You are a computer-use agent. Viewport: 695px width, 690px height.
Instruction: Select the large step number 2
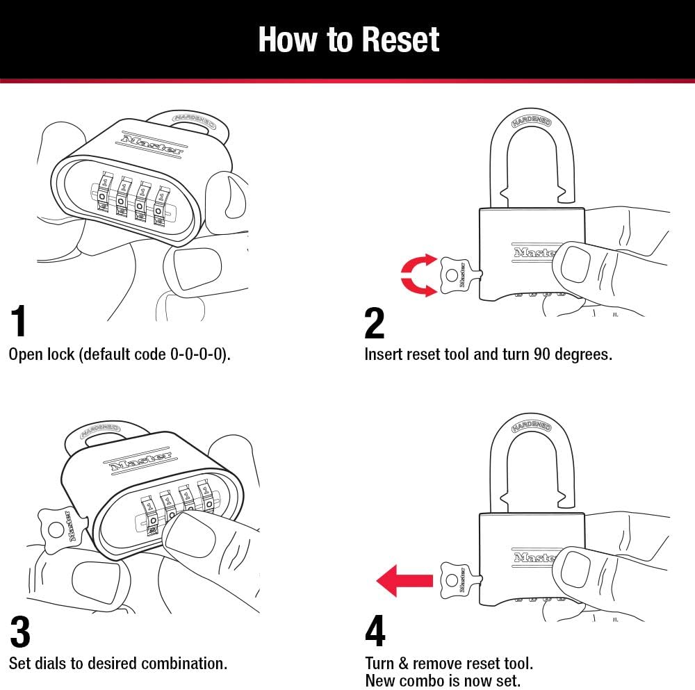click(x=374, y=322)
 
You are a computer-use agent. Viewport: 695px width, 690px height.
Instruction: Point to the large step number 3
click(x=21, y=632)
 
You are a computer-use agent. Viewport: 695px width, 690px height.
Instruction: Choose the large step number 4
click(x=375, y=632)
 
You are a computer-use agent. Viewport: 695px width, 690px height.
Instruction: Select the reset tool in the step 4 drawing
click(x=457, y=580)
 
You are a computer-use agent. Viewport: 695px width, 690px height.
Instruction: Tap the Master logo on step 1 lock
click(x=152, y=142)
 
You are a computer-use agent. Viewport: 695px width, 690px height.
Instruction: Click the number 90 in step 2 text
click(x=543, y=354)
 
